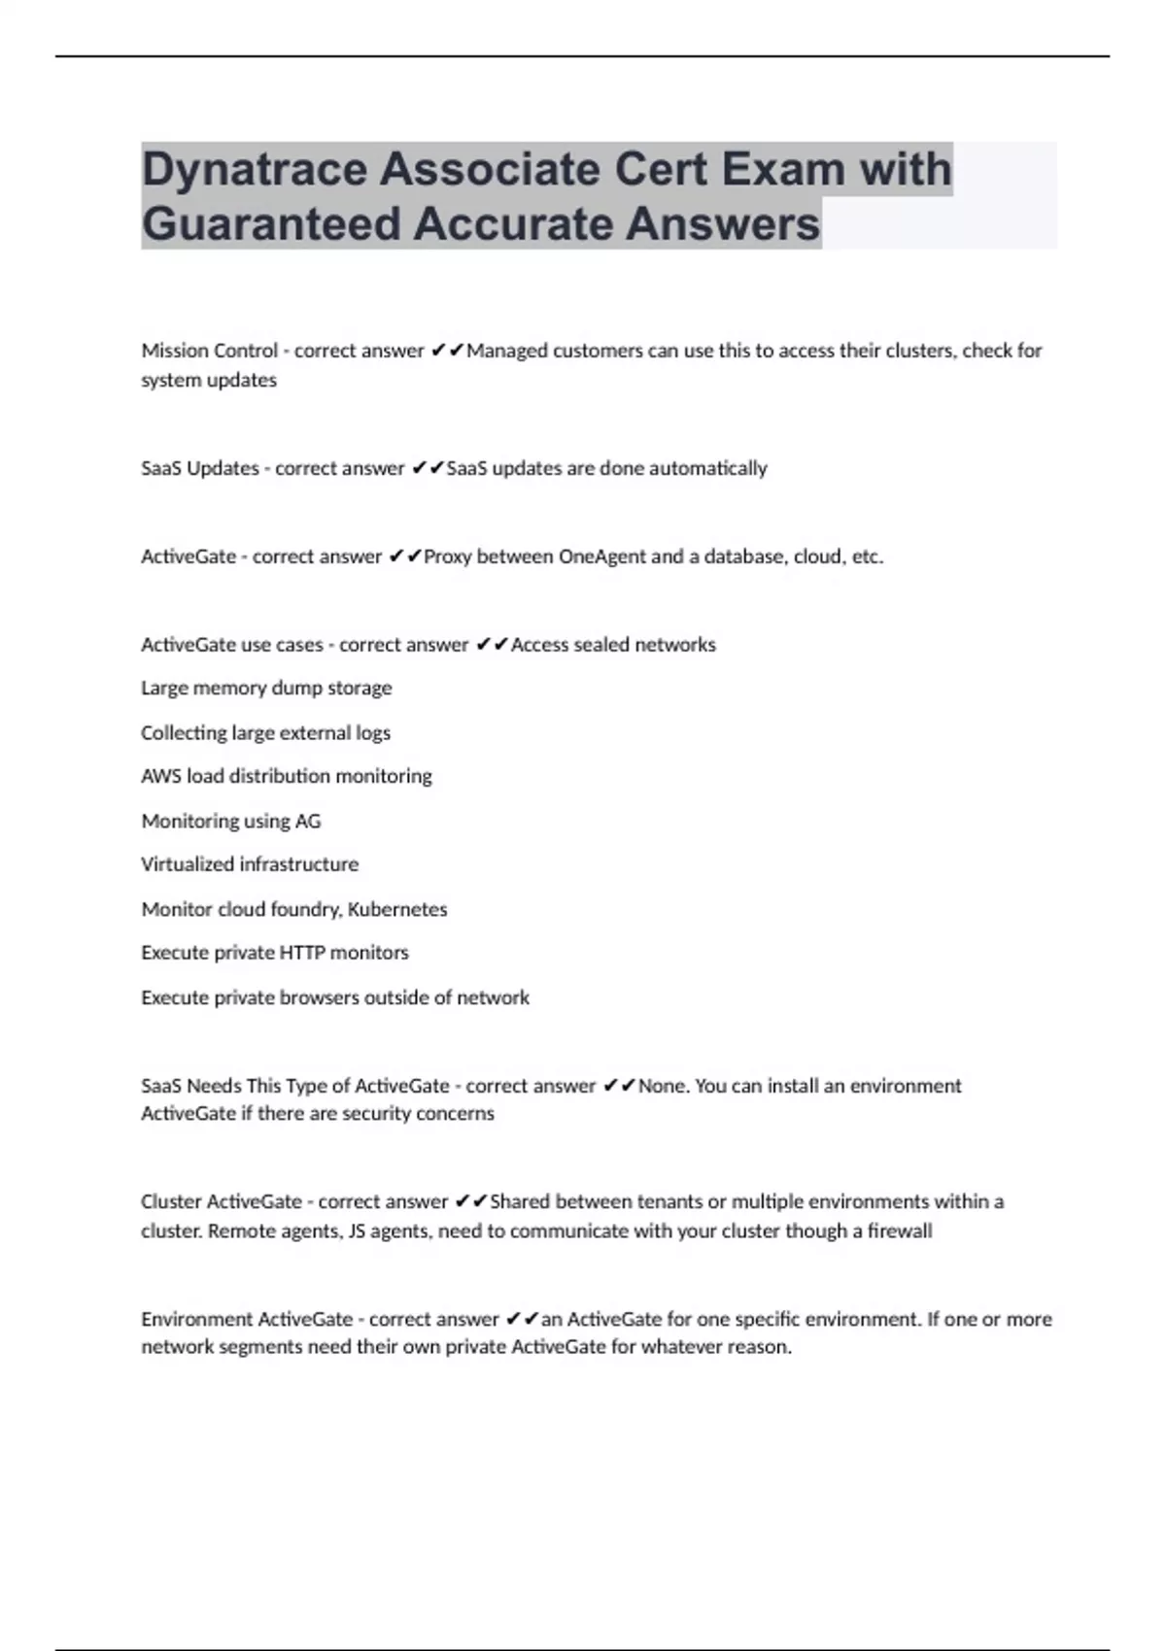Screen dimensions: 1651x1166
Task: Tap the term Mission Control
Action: [209, 351]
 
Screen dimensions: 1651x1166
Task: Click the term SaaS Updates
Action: [199, 468]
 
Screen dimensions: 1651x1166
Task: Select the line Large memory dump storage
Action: [266, 688]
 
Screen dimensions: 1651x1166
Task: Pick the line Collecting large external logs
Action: [265, 732]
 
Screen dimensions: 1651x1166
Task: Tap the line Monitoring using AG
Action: [230, 821]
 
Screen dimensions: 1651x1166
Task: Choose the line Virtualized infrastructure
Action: [250, 864]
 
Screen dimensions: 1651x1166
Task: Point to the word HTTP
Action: [301, 953]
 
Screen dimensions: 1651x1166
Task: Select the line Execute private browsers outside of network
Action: [335, 997]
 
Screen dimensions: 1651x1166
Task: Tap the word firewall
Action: [899, 1230]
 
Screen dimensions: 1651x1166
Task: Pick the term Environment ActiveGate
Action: [247, 1319]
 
